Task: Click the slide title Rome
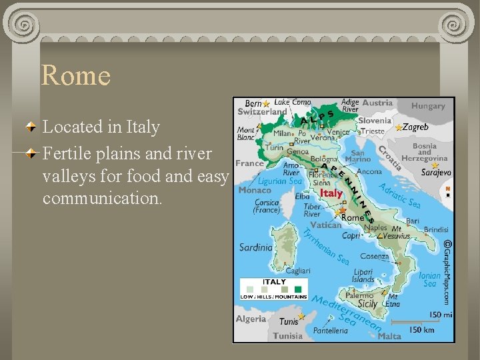point(75,75)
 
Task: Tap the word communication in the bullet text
point(101,199)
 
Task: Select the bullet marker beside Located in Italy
point(32,126)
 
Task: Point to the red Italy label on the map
point(331,193)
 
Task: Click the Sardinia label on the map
point(256,247)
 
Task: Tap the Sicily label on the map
point(367,304)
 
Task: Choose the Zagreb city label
point(416,127)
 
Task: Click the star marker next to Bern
point(266,104)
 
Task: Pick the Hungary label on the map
point(427,106)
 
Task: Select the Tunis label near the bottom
point(289,321)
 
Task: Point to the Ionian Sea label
point(430,279)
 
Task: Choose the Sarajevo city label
point(436,172)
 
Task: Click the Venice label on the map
point(337,132)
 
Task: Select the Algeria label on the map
point(251,319)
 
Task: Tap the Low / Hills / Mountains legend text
point(273,297)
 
